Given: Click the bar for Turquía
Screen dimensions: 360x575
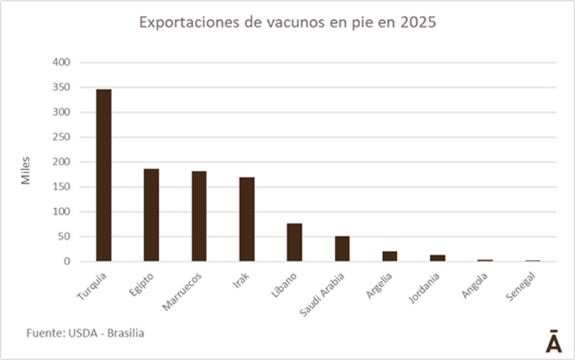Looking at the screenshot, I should click(x=103, y=175).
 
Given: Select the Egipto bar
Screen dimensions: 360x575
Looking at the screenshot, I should click(x=151, y=215).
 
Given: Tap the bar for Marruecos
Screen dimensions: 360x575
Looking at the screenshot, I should click(x=199, y=216).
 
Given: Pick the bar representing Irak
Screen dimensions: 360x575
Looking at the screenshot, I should click(x=247, y=219).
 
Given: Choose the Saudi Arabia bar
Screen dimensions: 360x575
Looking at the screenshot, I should click(x=342, y=249).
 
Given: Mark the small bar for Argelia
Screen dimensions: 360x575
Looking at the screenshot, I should click(x=390, y=257).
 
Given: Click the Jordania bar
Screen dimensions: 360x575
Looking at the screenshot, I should click(x=437, y=258).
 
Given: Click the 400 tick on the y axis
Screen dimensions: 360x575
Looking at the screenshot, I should click(x=61, y=63).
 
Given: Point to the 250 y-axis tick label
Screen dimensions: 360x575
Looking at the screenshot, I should click(x=61, y=137).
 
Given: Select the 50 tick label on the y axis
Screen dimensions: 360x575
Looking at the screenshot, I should click(x=64, y=237).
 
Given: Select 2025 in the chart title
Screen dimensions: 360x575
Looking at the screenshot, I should click(x=418, y=24).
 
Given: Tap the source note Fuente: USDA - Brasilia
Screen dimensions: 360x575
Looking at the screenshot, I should click(x=90, y=333).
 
